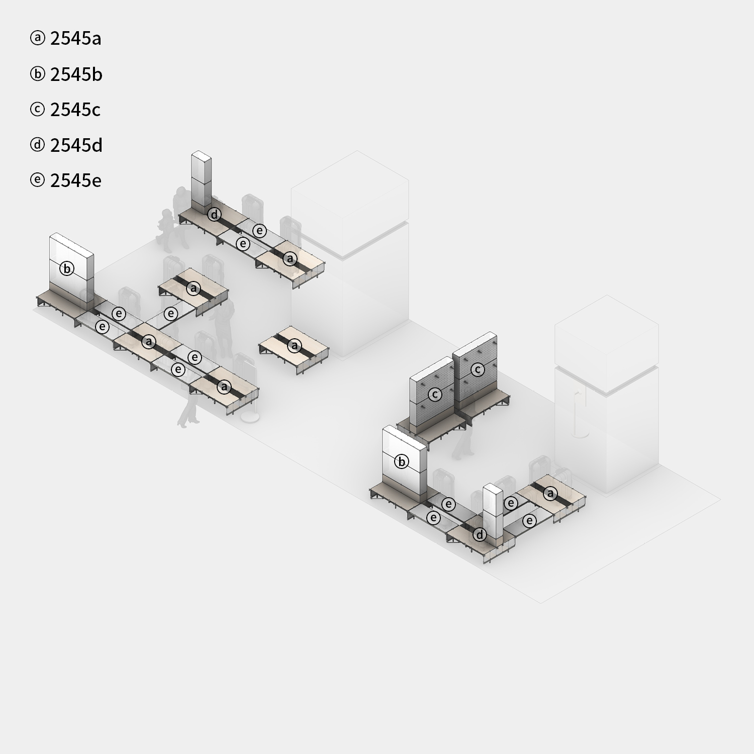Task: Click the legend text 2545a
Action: (75, 39)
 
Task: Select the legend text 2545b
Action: (76, 74)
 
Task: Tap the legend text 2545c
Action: (75, 110)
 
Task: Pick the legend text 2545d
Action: (76, 145)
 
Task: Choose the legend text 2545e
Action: (75, 180)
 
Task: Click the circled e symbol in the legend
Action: (37, 180)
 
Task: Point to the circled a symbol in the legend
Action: (37, 38)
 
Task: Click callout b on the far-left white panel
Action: (66, 268)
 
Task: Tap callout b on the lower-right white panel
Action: (401, 461)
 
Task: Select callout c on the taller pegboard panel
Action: (478, 369)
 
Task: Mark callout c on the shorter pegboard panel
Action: (435, 394)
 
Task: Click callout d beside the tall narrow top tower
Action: (215, 215)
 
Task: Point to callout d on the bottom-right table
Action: (480, 535)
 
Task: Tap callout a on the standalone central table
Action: (295, 346)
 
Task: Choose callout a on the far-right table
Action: (550, 494)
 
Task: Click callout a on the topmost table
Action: (290, 258)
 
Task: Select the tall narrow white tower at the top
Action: (201, 181)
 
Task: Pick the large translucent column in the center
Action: (350, 254)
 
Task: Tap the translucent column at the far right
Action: (607, 394)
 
